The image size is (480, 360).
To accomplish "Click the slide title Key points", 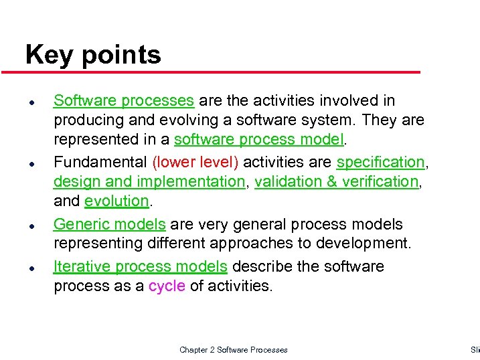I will pyautogui.click(x=93, y=55).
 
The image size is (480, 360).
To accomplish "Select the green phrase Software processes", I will pyautogui.click(x=124, y=101).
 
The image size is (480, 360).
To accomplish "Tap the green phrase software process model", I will pyautogui.click(x=260, y=140).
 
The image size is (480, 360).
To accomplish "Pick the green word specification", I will pyautogui.click(x=380, y=163).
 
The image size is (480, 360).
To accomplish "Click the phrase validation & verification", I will pyautogui.click(x=336, y=182).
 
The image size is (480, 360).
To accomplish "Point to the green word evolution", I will pyautogui.click(x=116, y=201).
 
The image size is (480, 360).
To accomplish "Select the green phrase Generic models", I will pyautogui.click(x=110, y=224).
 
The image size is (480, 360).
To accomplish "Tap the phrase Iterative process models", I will pyautogui.click(x=141, y=266).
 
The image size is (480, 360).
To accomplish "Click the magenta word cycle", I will pyautogui.click(x=167, y=286).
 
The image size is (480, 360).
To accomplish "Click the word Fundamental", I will pyautogui.click(x=101, y=163).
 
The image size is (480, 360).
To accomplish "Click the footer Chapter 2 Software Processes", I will pyautogui.click(x=234, y=350).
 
